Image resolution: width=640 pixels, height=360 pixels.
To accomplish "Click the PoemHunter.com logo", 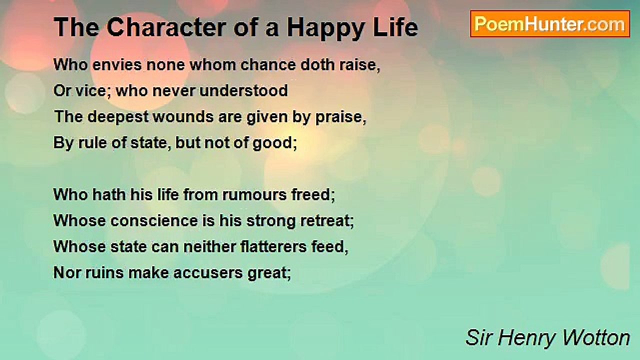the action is pos(550,24).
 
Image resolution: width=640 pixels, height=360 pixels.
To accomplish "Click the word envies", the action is pos(117,64).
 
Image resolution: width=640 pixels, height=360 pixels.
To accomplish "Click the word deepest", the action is pos(118,117).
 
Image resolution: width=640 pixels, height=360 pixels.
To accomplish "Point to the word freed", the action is pos(311,195).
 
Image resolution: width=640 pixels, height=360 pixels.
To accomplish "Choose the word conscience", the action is pos(154,221).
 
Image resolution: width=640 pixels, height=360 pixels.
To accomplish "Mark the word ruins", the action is pos(104,272).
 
